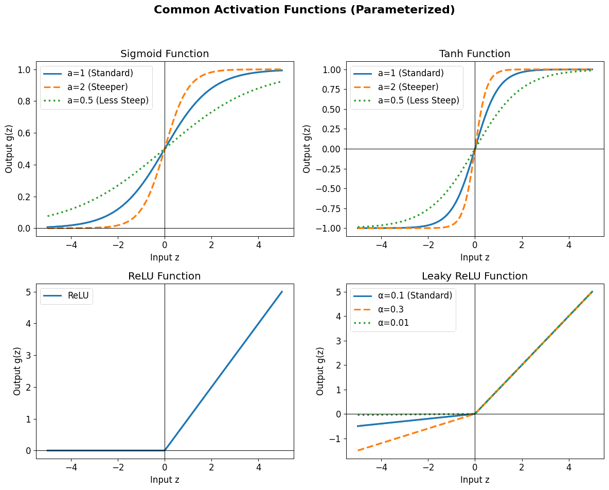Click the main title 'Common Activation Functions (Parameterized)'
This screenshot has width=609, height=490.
point(304,10)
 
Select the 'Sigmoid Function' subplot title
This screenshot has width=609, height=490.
point(165,54)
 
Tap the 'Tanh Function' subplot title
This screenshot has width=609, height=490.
point(475,54)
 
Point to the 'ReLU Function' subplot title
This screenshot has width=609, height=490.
point(165,276)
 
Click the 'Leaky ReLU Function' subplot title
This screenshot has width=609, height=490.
point(475,276)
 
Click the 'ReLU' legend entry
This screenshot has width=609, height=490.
point(78,295)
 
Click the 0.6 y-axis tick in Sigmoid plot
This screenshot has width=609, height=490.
point(25,133)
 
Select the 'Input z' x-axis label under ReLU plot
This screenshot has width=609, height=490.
point(165,480)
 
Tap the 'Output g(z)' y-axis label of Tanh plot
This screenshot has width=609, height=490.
point(307,149)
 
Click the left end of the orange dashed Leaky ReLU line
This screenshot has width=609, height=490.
point(357,450)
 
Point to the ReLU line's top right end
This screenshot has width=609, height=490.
point(282,292)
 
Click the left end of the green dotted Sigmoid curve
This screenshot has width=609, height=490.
point(48,216)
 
